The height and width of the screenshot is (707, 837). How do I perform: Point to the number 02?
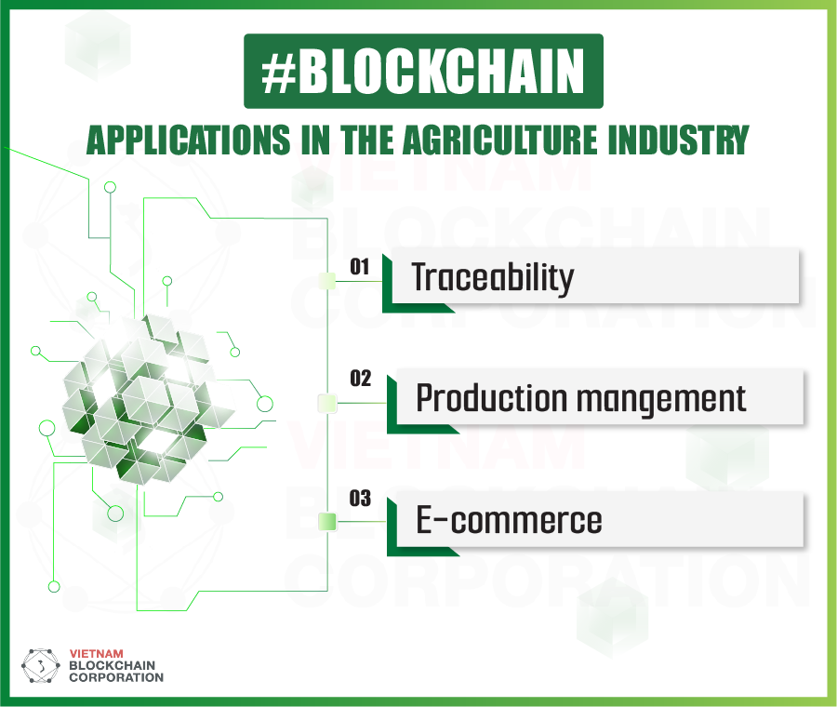pyautogui.click(x=360, y=380)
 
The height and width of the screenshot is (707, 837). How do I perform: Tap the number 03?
pyautogui.click(x=360, y=500)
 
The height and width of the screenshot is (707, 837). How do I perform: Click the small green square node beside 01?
pyautogui.click(x=326, y=281)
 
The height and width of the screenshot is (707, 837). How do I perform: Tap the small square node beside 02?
pyautogui.click(x=326, y=403)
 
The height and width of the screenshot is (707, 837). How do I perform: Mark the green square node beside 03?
pyautogui.click(x=326, y=521)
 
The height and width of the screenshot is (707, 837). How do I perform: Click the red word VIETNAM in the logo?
pyautogui.click(x=97, y=654)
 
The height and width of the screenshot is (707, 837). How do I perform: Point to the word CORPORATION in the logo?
pyautogui.click(x=116, y=677)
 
